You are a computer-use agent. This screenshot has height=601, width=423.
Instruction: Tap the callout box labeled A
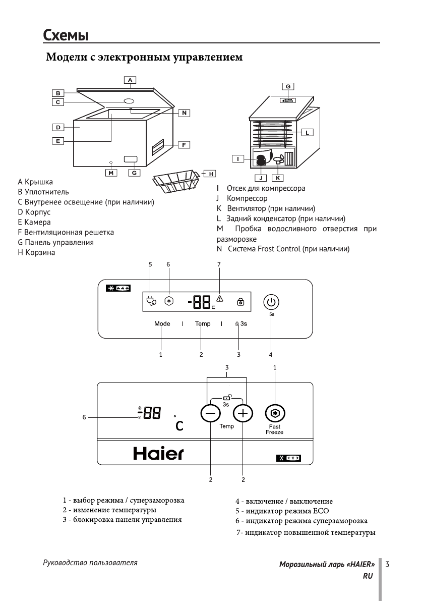click(x=130, y=80)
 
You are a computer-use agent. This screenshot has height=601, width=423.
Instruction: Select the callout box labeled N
click(x=184, y=113)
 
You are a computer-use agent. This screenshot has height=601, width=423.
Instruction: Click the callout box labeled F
click(x=184, y=145)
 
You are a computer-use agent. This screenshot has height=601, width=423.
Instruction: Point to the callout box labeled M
click(x=110, y=173)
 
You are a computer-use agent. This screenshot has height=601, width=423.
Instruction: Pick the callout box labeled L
click(x=307, y=132)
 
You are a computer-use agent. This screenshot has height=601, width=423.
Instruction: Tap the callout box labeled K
click(x=277, y=178)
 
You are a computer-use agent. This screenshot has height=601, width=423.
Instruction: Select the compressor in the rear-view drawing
click(x=261, y=161)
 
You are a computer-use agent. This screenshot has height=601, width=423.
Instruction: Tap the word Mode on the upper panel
click(x=162, y=323)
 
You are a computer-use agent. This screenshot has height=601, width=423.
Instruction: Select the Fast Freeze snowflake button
click(x=274, y=413)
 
